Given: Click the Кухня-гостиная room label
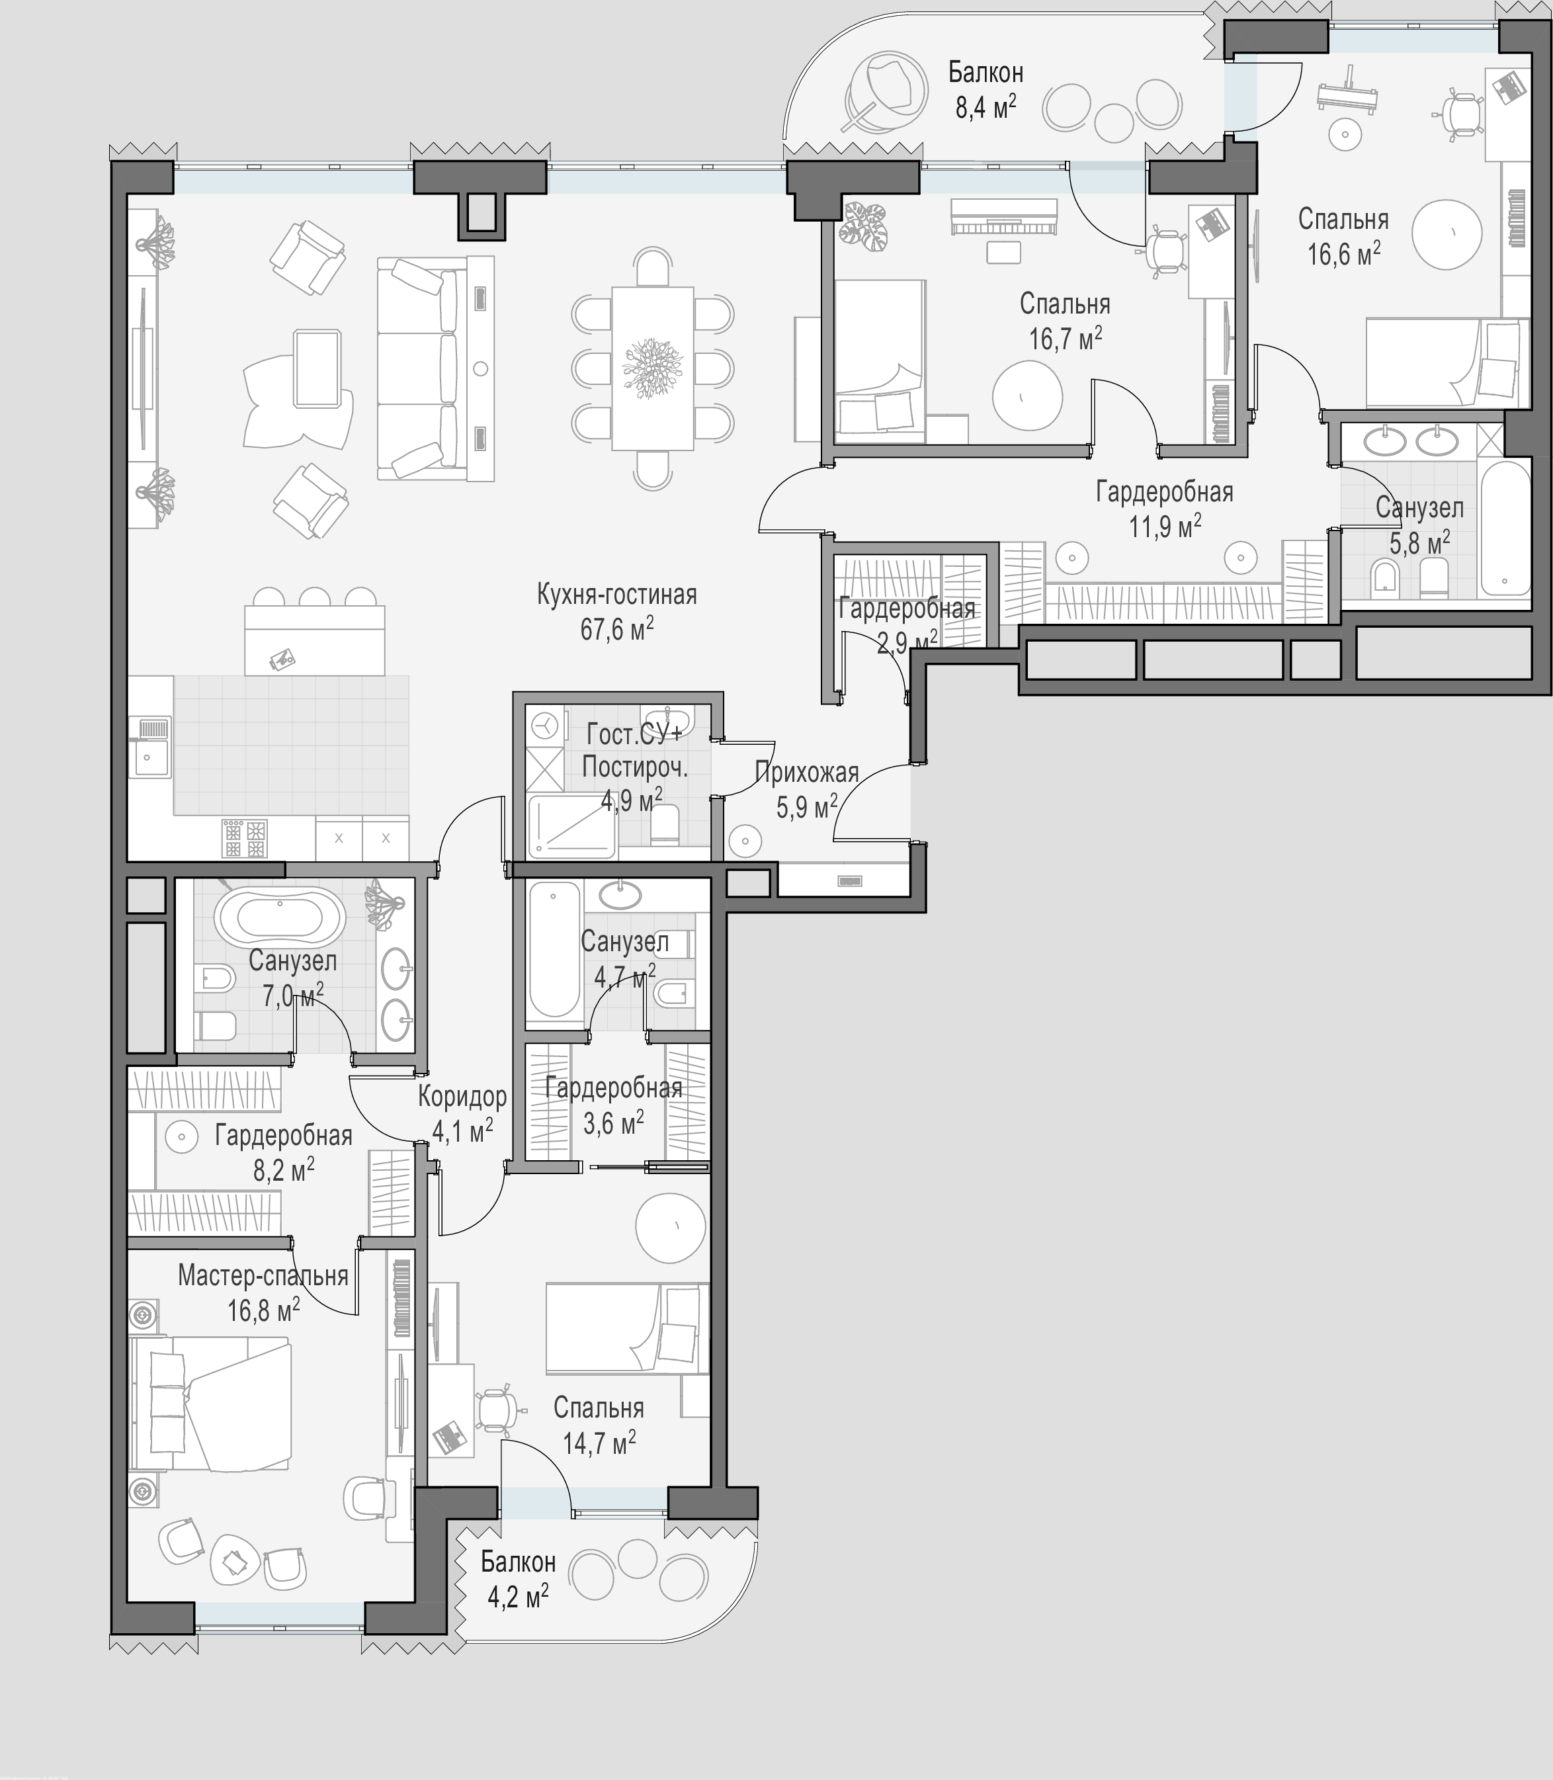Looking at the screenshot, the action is tap(616, 595).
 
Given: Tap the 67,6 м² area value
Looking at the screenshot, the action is tap(616, 629).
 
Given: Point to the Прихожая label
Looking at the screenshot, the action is tap(807, 771).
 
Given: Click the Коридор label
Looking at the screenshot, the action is tap(462, 1096).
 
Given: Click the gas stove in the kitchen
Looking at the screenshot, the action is tap(245, 839).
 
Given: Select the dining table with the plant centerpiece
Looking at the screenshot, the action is tap(653, 368).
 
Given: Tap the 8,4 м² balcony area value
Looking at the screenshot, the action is tap(986, 107).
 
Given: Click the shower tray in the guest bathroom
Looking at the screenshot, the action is tap(572, 827).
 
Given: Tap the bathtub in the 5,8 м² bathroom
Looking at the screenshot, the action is tap(1506, 529).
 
